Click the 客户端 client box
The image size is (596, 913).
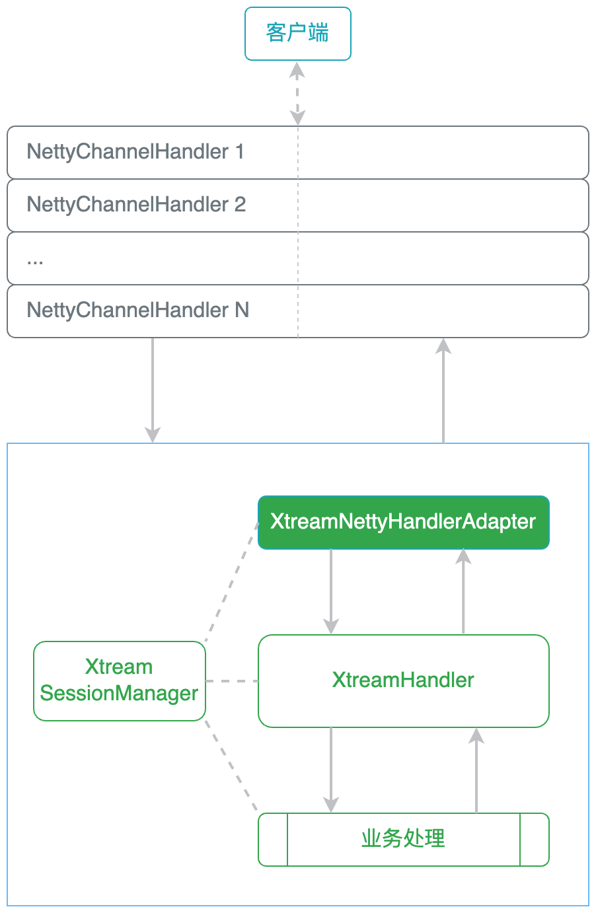(x=297, y=34)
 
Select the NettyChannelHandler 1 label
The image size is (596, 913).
(x=135, y=152)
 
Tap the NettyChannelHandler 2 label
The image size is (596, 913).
(x=136, y=205)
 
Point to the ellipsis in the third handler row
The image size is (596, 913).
(x=35, y=262)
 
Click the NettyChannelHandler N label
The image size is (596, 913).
(x=138, y=310)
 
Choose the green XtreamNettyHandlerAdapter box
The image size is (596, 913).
(x=404, y=523)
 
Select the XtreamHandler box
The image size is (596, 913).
(x=404, y=680)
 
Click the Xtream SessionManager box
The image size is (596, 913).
(x=120, y=680)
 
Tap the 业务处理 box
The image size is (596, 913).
(x=404, y=839)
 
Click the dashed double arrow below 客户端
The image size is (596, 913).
(x=297, y=93)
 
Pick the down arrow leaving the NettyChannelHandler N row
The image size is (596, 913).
(x=153, y=390)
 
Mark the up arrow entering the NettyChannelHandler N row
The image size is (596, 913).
(x=443, y=390)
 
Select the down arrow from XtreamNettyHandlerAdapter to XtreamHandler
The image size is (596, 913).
(x=331, y=591)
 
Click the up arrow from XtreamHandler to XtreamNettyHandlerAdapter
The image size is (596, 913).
(x=463, y=591)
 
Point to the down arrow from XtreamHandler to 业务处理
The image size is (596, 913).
(x=331, y=770)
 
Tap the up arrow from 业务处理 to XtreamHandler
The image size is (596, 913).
(x=476, y=770)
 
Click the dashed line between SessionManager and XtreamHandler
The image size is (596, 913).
(x=232, y=681)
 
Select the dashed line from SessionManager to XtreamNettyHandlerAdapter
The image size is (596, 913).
(x=231, y=582)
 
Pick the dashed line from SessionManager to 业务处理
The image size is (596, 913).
(x=231, y=766)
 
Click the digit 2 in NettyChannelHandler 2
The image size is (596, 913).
(x=240, y=204)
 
